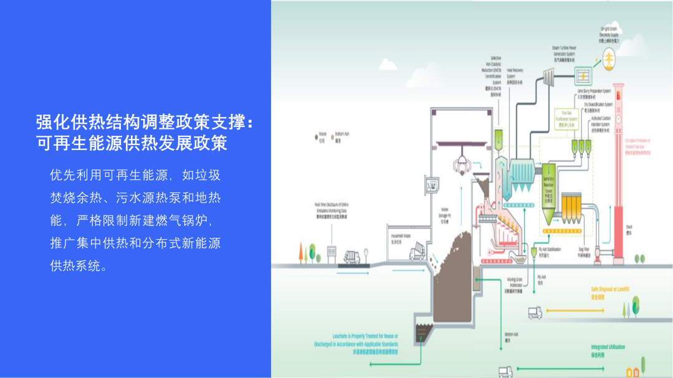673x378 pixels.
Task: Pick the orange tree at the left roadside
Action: pyautogui.click(x=300, y=252)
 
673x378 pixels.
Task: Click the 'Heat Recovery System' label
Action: pyautogui.click(x=515, y=75)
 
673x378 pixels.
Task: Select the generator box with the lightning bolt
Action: pyautogui.click(x=585, y=76)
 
